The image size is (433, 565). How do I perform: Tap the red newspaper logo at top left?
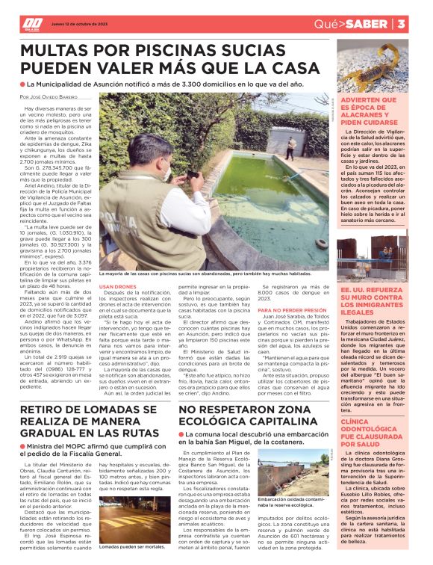(x=32, y=24)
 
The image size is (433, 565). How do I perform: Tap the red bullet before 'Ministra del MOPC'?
(x=23, y=446)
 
